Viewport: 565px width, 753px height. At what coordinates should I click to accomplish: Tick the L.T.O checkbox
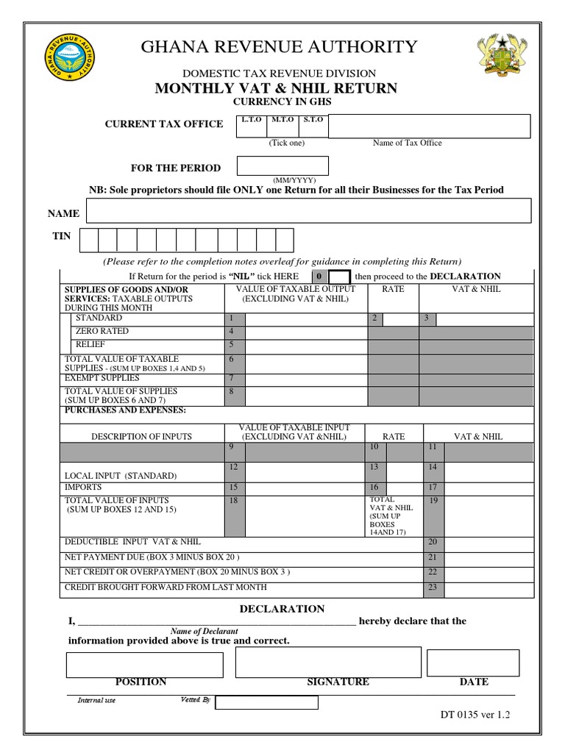coord(252,130)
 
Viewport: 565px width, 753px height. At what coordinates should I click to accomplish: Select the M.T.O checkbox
coord(282,130)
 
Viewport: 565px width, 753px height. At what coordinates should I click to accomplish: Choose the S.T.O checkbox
coord(313,130)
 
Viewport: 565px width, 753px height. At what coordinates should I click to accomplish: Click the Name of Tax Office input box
coord(429,126)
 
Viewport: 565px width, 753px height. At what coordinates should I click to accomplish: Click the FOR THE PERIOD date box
coord(282,165)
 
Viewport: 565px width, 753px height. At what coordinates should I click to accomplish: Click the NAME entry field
coord(308,210)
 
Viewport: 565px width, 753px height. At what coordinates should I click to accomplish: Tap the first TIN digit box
coord(88,240)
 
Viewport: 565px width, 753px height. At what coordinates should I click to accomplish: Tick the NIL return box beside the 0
coord(339,276)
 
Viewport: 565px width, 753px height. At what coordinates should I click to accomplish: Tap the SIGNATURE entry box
coord(328,662)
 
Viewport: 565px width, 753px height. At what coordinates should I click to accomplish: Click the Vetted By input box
coord(266,702)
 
